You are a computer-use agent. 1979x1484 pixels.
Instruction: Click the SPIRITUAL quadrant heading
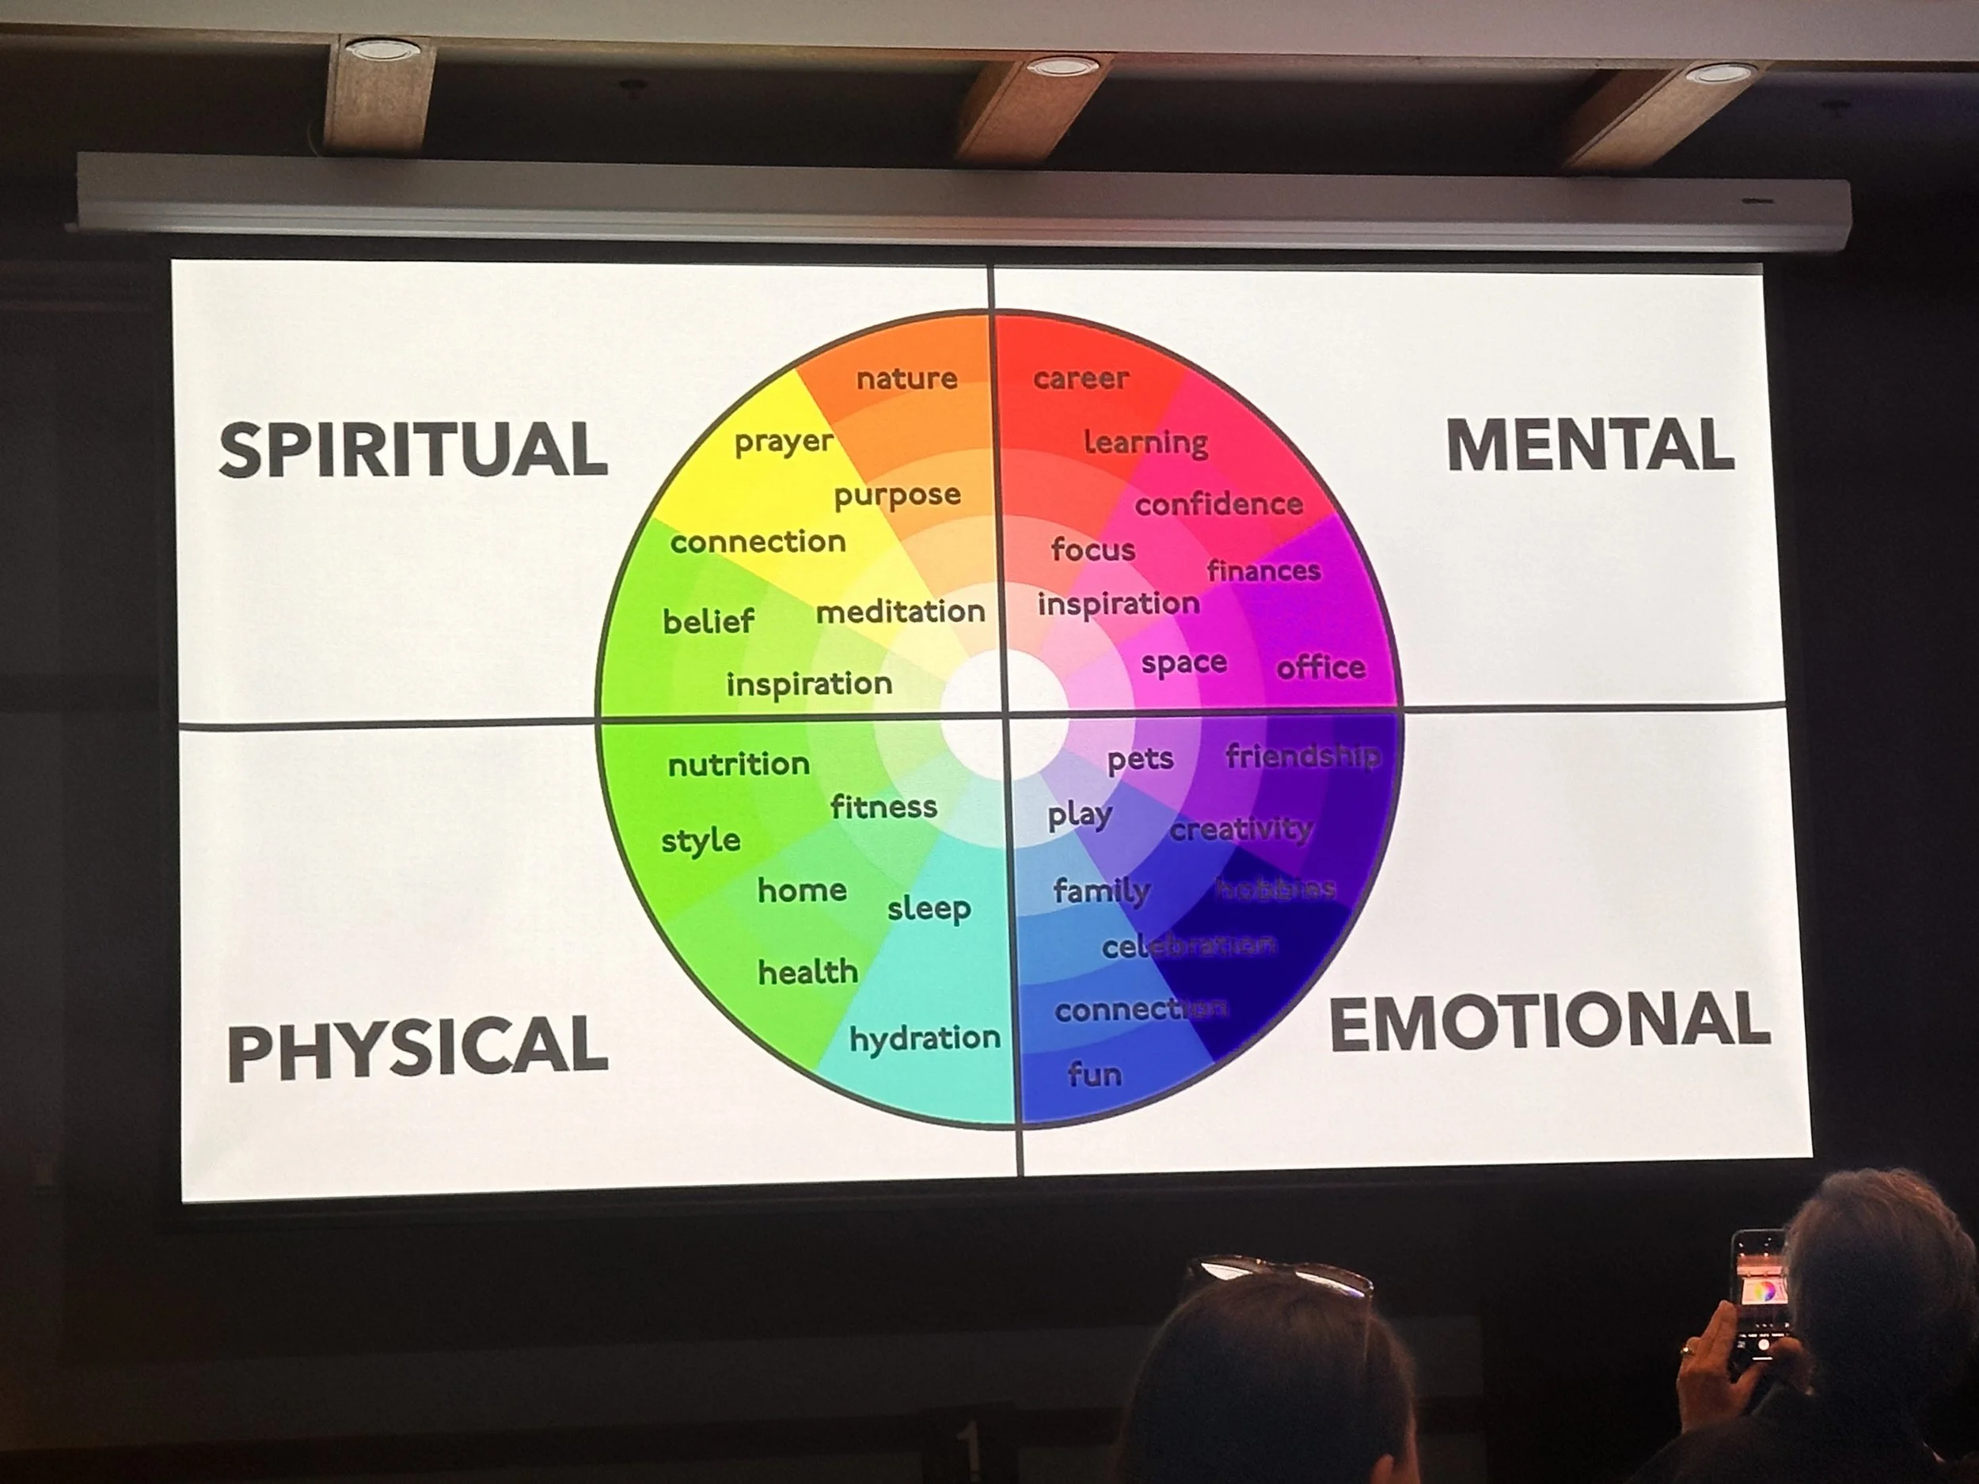click(413, 449)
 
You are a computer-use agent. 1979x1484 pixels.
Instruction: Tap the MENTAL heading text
click(1590, 445)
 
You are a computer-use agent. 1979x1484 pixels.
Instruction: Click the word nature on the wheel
click(906, 378)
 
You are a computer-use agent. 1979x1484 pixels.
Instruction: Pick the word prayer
click(783, 442)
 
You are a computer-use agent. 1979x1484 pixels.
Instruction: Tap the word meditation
click(900, 612)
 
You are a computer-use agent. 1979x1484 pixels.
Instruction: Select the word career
click(1080, 378)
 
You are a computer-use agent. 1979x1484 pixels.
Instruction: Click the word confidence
click(1218, 504)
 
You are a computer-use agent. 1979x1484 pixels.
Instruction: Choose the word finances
click(1263, 571)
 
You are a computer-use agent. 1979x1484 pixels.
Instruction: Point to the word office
click(1320, 667)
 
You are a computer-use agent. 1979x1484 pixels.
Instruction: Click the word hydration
click(924, 1038)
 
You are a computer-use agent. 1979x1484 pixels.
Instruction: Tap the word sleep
click(929, 909)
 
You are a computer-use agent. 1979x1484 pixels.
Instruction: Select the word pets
click(1140, 761)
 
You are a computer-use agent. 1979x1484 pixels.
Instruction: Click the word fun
click(1094, 1074)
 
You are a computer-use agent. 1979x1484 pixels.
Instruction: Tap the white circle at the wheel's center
click(1004, 715)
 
